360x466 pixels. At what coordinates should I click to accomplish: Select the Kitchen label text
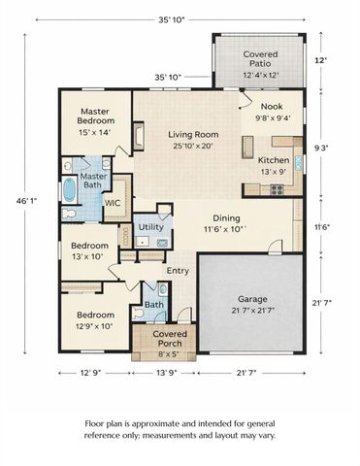(x=273, y=159)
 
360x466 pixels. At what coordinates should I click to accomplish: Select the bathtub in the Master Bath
(x=69, y=188)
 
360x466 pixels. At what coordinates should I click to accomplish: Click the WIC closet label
(x=111, y=204)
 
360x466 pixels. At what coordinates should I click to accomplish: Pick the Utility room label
(x=150, y=225)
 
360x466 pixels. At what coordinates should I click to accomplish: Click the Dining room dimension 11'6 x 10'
(x=227, y=231)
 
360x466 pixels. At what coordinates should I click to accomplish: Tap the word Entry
(x=179, y=270)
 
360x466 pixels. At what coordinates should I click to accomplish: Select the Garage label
(x=252, y=299)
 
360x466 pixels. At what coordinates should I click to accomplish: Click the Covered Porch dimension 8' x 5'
(x=162, y=351)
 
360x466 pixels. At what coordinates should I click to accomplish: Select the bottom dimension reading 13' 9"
(x=162, y=372)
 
